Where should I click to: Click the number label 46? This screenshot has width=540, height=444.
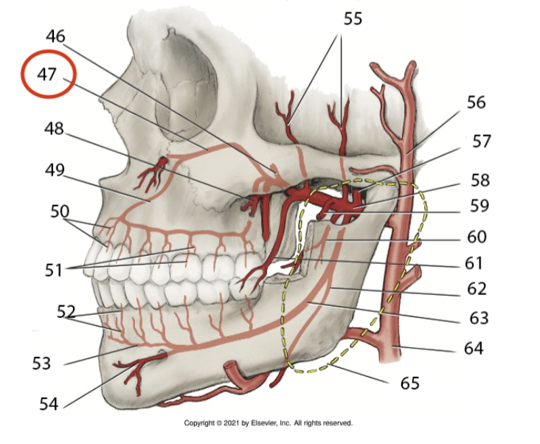point(55,36)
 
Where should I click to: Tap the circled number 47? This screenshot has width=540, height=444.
point(47,74)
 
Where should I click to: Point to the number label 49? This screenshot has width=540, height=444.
point(55,170)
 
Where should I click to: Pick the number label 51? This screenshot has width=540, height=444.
point(52,269)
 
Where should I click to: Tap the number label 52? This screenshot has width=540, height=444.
point(67,312)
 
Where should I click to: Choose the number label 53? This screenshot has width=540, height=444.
point(44,362)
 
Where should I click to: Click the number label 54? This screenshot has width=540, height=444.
point(49,403)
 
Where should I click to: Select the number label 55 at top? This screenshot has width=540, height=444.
point(353,18)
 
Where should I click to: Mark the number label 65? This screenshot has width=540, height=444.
point(409,383)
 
